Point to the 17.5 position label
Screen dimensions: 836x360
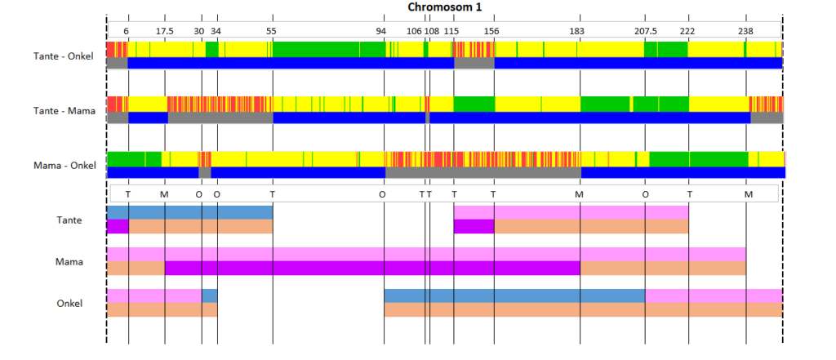pyautogui.click(x=165, y=31)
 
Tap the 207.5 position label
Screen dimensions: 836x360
pyautogui.click(x=646, y=31)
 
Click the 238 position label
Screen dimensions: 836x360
pyautogui.click(x=745, y=31)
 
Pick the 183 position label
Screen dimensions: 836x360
pyautogui.click(x=577, y=31)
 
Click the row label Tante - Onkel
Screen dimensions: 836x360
pyautogui.click(x=64, y=56)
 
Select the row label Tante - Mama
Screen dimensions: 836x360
pyautogui.click(x=64, y=111)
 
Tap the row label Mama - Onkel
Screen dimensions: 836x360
pyautogui.click(x=64, y=166)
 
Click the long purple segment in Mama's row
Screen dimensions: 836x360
pyautogui.click(x=372, y=269)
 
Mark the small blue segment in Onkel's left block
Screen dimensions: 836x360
pyautogui.click(x=210, y=296)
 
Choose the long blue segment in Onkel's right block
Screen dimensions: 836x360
pyautogui.click(x=514, y=296)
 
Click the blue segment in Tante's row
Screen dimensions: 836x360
pyautogui.click(x=189, y=212)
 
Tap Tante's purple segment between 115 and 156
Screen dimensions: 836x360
pyautogui.click(x=474, y=227)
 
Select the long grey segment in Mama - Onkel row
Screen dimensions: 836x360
pyautogui.click(x=483, y=173)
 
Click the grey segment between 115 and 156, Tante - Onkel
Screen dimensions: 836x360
pyautogui.click(x=474, y=63)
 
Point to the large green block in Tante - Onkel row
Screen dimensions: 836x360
pyautogui.click(x=329, y=49)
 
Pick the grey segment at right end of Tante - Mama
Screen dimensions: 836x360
pyautogui.click(x=767, y=118)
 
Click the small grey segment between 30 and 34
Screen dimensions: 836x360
pyautogui.click(x=205, y=173)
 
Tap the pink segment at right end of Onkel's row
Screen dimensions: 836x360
pyautogui.click(x=714, y=296)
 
